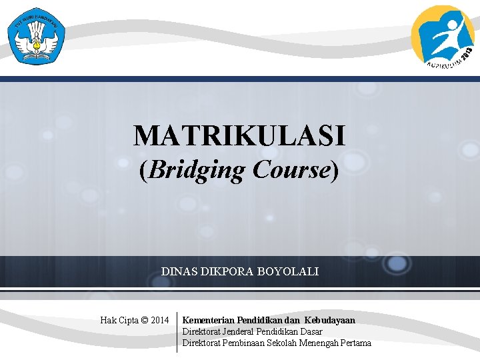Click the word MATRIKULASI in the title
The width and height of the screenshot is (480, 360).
(x=239, y=135)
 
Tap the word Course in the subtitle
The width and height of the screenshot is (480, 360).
(x=291, y=170)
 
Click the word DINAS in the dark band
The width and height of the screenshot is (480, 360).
(x=178, y=272)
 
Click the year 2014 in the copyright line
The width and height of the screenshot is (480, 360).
(x=160, y=321)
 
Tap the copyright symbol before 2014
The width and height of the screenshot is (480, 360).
(x=145, y=321)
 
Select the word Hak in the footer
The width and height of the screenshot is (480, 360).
(x=108, y=321)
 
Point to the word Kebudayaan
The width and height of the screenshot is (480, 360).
(x=330, y=321)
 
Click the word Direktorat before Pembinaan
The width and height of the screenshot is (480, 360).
(x=203, y=343)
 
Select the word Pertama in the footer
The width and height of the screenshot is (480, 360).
(x=355, y=343)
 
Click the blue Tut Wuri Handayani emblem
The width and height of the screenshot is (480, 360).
(x=37, y=37)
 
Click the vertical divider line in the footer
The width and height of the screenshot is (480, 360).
(x=177, y=332)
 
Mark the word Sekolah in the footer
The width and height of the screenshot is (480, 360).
(x=281, y=343)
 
